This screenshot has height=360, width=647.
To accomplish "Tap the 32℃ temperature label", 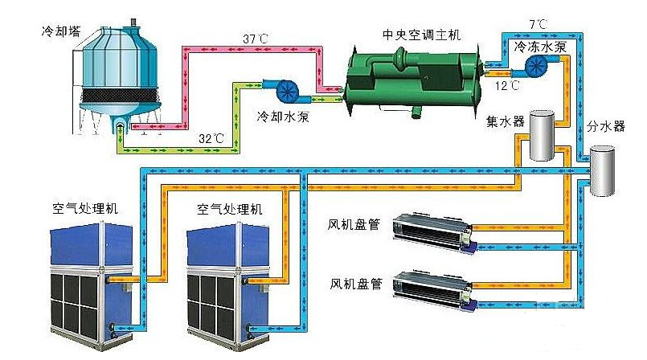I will (211, 139).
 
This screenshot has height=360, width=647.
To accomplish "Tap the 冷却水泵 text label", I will (282, 114).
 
